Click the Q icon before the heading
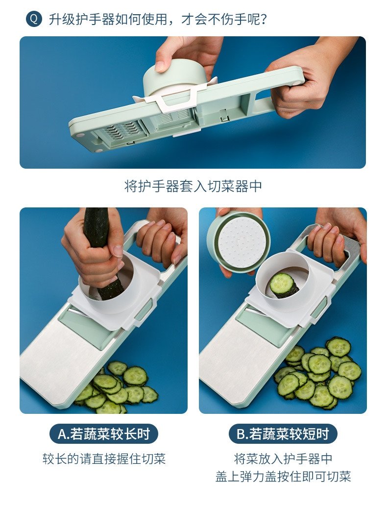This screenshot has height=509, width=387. pos(34,19)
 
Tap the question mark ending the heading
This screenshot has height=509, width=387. pos(263,19)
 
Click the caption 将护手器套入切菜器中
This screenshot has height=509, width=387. pos(193,186)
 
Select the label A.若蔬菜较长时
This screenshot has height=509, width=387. pos(103,433)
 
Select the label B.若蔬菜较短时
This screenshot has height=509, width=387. pos(283,433)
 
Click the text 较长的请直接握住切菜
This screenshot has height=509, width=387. pos(104,458)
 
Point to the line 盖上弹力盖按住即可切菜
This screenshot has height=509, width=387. pos(283,477)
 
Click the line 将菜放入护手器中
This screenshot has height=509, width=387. pos(283,458)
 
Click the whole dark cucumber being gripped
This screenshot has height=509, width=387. pos(103,253)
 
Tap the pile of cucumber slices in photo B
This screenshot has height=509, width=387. pos(318,373)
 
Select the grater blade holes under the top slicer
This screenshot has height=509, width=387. pos(121,132)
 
